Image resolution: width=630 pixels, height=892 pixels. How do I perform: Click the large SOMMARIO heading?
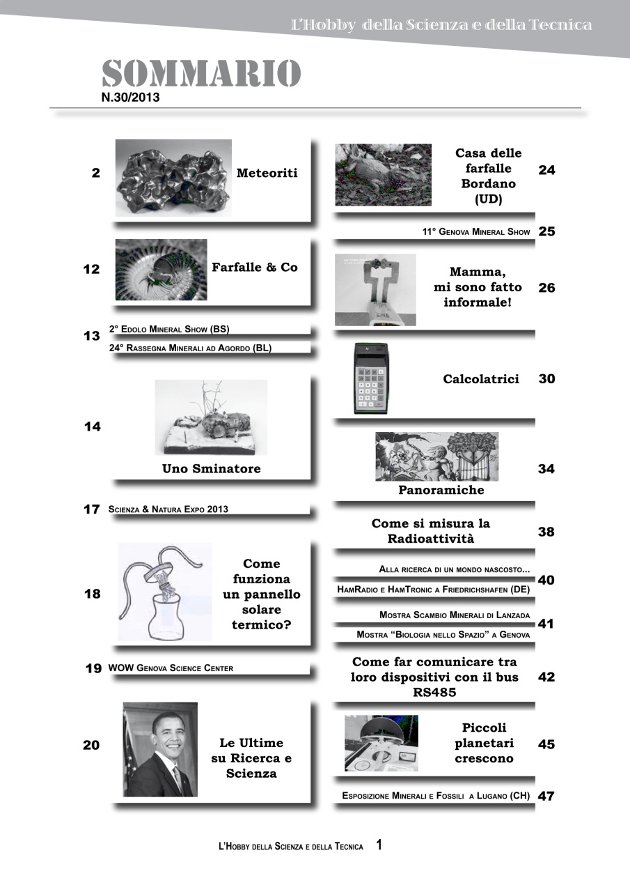[x=201, y=74]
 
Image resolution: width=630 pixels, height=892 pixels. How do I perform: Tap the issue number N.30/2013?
[x=131, y=98]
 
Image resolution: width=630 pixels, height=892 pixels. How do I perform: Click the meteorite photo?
[x=173, y=177]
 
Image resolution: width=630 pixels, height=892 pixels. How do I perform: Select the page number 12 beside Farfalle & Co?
[x=92, y=269]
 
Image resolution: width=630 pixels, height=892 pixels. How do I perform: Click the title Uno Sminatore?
[x=212, y=469]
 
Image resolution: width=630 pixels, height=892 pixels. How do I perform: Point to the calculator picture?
[x=371, y=379]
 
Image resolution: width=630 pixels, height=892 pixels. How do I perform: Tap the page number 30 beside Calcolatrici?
[x=546, y=379]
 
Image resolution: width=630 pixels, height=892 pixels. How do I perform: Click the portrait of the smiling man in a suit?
[x=160, y=749]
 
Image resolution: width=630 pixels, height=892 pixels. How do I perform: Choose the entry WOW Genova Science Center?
[x=171, y=668]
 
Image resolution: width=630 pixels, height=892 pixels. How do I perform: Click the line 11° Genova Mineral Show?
[x=476, y=231]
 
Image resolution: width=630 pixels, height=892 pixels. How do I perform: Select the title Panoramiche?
[x=441, y=490]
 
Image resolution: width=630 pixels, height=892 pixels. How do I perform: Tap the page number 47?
[x=546, y=796]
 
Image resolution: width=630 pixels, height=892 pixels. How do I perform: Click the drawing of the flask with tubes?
[x=165, y=592]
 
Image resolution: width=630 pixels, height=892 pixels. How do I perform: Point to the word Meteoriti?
[x=267, y=173]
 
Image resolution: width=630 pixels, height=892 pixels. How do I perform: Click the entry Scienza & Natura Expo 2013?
[x=168, y=509]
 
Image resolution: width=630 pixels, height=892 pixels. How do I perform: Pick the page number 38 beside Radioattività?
[x=546, y=532]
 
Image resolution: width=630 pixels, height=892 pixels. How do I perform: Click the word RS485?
[x=434, y=693]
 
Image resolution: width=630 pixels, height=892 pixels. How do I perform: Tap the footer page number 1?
[x=379, y=845]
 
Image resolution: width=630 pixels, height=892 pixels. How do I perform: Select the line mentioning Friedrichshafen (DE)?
[x=434, y=590]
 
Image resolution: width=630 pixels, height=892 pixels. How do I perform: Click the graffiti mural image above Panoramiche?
[x=436, y=456]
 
